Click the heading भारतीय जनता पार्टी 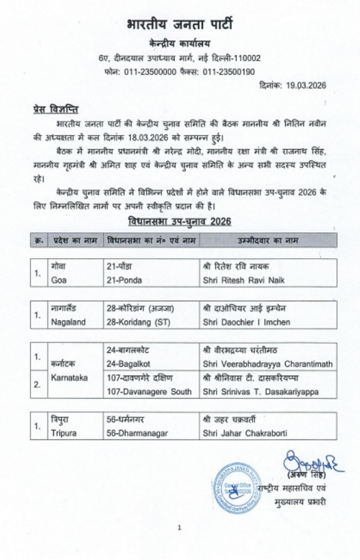179,25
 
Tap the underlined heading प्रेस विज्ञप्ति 55,110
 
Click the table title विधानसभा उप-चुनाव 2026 179,221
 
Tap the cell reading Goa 59,280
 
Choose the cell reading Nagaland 68,322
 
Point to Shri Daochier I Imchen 247,322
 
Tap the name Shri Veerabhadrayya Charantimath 267,364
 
